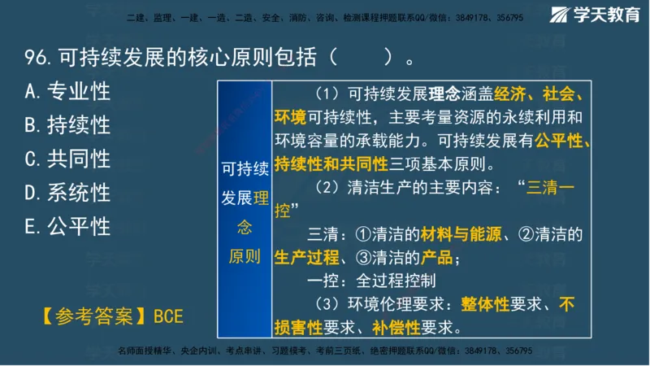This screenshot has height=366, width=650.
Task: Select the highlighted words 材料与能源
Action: (457, 235)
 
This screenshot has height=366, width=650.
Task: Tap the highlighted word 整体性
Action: (485, 305)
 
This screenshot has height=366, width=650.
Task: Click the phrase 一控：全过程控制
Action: (372, 281)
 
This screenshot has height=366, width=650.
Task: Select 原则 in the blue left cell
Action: (244, 257)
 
